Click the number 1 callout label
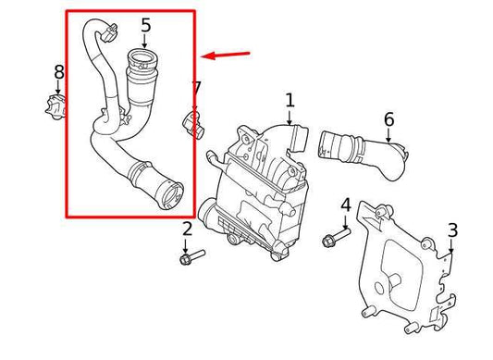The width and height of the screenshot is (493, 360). tap(290, 99)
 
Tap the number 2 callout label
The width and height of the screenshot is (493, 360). tap(186, 230)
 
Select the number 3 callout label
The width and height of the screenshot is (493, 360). tap(452, 230)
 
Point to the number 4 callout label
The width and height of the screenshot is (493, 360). tap(345, 205)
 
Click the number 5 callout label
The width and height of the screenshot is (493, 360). tap(144, 23)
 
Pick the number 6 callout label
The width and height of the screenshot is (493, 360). tap(388, 118)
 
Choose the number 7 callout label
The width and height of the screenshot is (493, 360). tap(196, 89)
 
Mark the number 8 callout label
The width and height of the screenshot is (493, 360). tap(58, 71)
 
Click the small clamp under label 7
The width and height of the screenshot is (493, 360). tap(193, 120)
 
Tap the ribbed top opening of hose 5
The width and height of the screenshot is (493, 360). tap(142, 65)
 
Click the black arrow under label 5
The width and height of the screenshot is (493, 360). tap(144, 42)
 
